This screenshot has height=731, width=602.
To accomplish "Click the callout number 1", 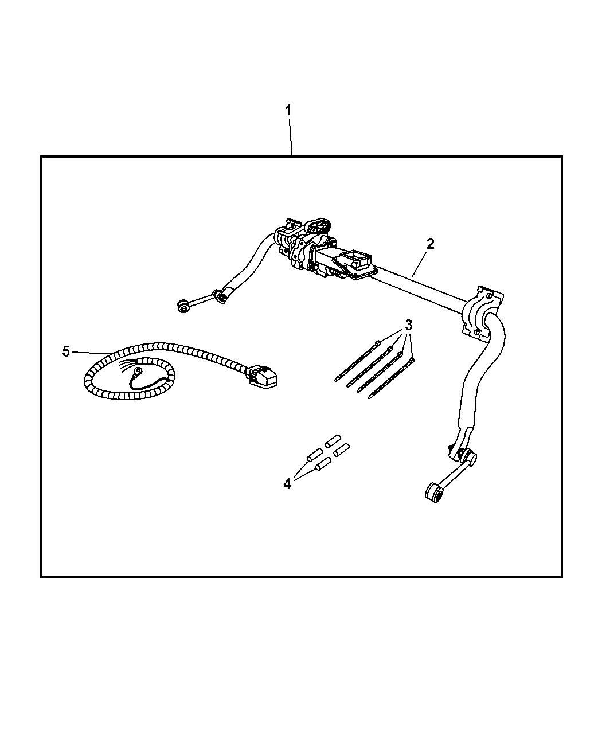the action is pos(288,111).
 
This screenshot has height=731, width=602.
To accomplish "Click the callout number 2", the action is pos(430,244).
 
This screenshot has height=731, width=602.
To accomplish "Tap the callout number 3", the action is pos(408,325).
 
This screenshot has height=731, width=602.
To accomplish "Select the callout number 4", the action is pos(287,484).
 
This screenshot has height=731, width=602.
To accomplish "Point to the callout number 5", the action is pos(66,351).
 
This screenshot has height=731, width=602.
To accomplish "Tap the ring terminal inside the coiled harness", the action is pos(139,371).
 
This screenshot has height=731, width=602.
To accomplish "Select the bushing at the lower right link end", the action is pos(433,492).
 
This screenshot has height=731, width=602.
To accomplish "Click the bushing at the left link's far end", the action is pos(183,306).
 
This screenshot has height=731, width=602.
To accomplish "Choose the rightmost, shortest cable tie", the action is pos(392,378).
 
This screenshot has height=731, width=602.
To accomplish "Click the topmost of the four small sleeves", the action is pos(333,441).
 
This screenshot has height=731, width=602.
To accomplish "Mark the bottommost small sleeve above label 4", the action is pos(323,464).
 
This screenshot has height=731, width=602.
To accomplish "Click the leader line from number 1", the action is pos(290,137).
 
